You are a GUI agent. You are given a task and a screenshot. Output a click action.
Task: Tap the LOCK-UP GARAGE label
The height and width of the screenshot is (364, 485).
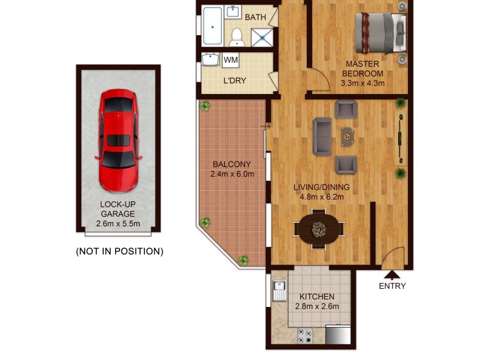118,209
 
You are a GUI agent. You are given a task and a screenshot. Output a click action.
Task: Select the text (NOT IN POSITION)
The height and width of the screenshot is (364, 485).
119,251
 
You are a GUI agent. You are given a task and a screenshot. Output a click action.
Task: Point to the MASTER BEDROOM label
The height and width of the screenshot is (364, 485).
363,69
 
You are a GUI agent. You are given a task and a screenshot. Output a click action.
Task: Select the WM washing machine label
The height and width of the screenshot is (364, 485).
231,60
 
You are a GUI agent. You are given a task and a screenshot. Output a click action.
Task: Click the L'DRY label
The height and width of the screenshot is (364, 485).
235,80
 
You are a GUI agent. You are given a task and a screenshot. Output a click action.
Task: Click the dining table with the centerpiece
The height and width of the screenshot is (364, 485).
318,229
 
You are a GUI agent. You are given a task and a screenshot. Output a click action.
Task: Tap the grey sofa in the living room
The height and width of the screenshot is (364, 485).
322,136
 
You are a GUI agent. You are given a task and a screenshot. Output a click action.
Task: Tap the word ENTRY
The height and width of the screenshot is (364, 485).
392,286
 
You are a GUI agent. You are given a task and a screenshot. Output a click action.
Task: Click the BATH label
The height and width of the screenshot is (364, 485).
255,17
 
